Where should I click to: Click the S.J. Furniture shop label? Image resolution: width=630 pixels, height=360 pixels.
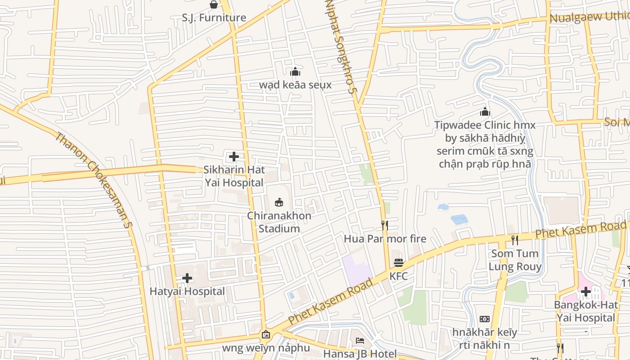(x=214, y=18)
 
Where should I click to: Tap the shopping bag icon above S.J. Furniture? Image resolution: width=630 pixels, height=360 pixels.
(x=214, y=4)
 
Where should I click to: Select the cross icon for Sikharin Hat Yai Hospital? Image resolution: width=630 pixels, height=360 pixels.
(x=234, y=157)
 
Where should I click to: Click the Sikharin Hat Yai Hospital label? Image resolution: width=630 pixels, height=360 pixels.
(x=234, y=176)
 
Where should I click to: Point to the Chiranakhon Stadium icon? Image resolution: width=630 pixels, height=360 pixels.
(x=279, y=202)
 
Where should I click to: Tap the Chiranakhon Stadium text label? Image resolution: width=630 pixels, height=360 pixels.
(x=279, y=222)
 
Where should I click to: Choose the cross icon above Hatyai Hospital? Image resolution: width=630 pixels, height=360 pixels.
(x=187, y=278)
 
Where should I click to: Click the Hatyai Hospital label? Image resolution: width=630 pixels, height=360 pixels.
(x=187, y=291)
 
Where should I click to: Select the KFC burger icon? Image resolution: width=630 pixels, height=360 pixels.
(x=399, y=263)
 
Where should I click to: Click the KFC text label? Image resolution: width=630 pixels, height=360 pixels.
(x=399, y=276)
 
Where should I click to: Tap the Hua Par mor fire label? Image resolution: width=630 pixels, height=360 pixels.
(x=385, y=238)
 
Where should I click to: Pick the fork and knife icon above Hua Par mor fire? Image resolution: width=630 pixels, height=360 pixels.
(x=385, y=225)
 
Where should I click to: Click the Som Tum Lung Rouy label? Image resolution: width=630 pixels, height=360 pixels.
(x=515, y=260)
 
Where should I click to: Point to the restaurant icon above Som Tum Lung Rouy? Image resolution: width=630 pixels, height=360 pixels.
(x=515, y=240)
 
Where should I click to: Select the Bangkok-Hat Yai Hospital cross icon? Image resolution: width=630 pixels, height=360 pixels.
(x=585, y=292)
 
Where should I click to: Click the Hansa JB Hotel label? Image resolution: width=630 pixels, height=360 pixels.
(x=360, y=354)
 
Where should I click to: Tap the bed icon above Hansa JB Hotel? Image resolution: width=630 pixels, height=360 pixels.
(x=360, y=341)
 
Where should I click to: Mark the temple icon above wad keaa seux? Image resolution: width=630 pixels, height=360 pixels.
(x=295, y=72)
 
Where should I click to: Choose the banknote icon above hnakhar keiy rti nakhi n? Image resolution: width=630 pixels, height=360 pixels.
(x=485, y=319)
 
